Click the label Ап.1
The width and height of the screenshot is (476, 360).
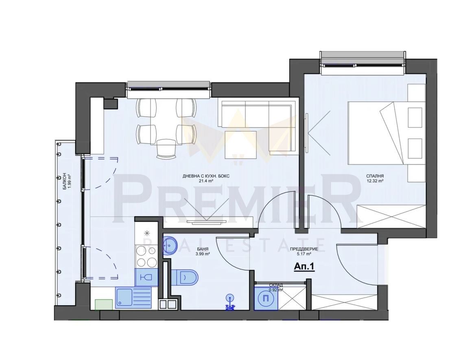304,266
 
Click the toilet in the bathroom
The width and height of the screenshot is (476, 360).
187,277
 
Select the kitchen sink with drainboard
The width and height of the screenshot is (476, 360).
133,297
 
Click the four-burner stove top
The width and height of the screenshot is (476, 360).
146,257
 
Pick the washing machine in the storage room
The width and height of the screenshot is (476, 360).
266,298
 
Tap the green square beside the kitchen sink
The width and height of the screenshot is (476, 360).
104,304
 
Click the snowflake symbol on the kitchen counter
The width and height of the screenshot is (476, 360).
147,233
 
